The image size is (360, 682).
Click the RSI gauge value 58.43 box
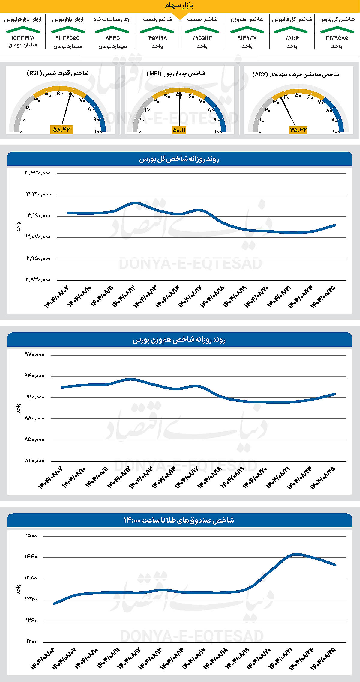pyautogui.click(x=61, y=130)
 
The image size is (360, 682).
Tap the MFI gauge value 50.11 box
pyautogui.click(x=179, y=130)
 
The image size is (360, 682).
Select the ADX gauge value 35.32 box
pyautogui.click(x=298, y=130)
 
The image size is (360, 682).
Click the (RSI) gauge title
pyautogui.click(x=58, y=73)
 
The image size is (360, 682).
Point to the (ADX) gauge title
pyautogui.click(x=295, y=74)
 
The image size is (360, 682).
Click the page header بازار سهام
pyautogui.click(x=179, y=6)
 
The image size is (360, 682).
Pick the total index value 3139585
pyautogui.click(x=337, y=38)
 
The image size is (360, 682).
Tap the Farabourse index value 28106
pyautogui.click(x=292, y=38)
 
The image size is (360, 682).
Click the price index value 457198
pyautogui.click(x=157, y=38)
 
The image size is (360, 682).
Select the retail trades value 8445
pyautogui.click(x=112, y=38)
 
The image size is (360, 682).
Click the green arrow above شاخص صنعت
pyautogui.click(x=202, y=29)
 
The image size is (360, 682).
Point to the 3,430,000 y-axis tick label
pyautogui.click(x=38, y=173)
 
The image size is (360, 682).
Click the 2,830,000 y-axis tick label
pyautogui.click(x=38, y=280)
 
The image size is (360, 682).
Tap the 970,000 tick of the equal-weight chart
pyautogui.click(x=34, y=354)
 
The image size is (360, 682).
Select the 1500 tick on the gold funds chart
pyautogui.click(x=31, y=536)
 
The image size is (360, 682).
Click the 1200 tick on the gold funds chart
pyautogui.click(x=31, y=642)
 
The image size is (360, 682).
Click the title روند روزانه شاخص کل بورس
pyautogui.click(x=179, y=159)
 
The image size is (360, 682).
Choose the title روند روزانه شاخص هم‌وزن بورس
pyautogui.click(x=179, y=340)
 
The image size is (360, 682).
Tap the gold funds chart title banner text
pyautogui.click(x=179, y=520)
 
